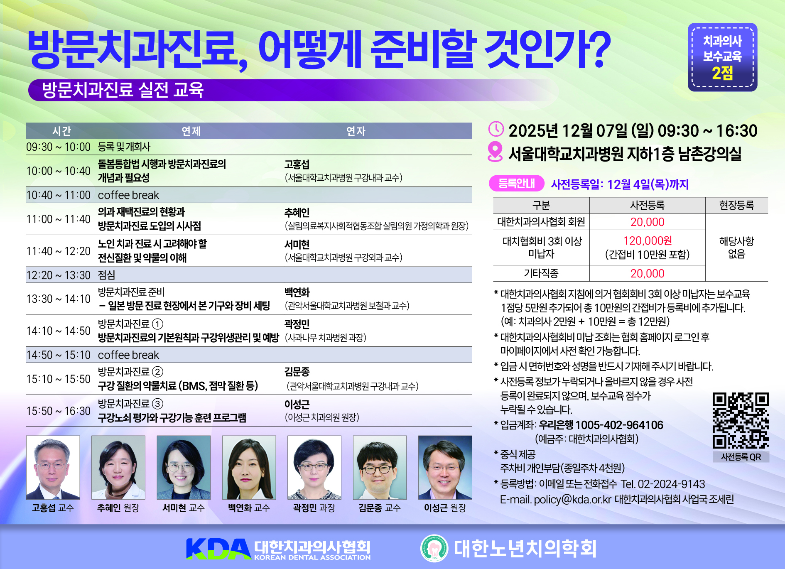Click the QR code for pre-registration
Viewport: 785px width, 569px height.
click(741, 421)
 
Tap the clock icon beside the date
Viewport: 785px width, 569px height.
click(496, 129)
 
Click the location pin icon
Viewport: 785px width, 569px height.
click(495, 152)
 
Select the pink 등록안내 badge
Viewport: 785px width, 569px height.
click(516, 183)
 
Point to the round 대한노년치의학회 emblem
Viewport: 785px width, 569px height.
click(434, 548)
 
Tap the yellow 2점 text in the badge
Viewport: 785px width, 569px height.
click(722, 74)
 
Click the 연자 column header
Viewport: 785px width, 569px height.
click(356, 131)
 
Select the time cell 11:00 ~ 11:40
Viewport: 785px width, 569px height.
click(58, 219)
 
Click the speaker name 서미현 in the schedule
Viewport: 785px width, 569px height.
click(297, 245)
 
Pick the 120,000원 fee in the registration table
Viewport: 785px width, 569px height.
click(648, 241)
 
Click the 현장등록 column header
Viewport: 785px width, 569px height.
click(736, 205)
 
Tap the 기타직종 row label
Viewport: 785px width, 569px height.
click(541, 273)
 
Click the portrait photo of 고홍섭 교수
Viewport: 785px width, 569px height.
click(53, 467)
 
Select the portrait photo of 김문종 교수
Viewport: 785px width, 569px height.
click(380, 467)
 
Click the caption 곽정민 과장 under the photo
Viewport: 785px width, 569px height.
click(314, 508)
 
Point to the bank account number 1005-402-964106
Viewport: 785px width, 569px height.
click(619, 425)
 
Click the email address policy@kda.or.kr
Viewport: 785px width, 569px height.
click(572, 499)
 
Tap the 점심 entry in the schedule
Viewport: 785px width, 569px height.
click(107, 275)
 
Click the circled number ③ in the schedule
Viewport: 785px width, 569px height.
click(157, 404)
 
